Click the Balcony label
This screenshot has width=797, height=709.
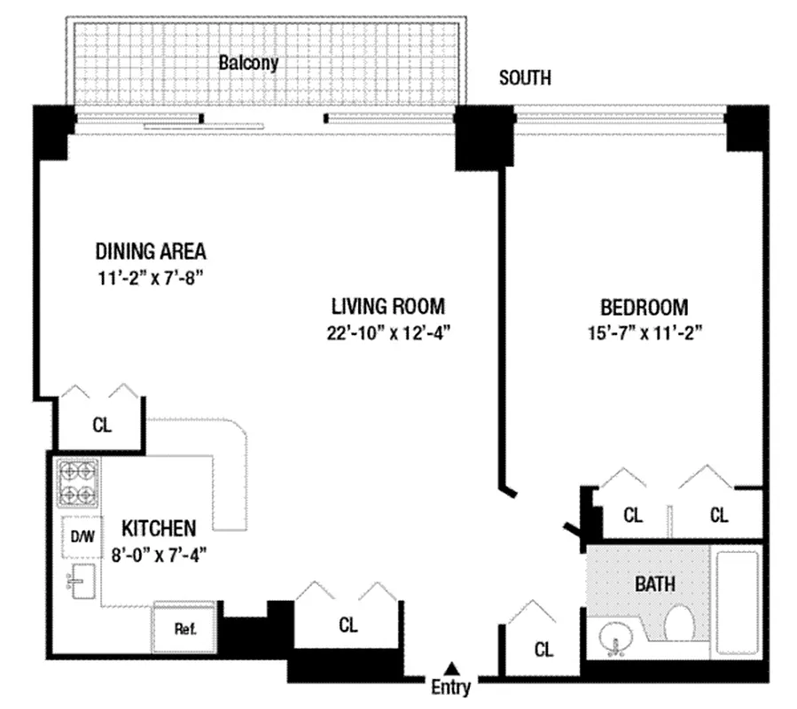[x=248, y=63]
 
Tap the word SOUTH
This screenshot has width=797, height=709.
[x=525, y=78]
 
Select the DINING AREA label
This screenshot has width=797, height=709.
[x=151, y=250]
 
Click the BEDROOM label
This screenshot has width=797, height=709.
[x=645, y=308]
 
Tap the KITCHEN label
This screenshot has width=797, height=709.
[x=159, y=529]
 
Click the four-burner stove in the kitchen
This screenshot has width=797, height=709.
[x=79, y=483]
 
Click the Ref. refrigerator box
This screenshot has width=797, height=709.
[x=184, y=630]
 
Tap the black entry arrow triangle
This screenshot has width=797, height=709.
[x=452, y=667]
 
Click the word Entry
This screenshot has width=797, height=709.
[x=451, y=687]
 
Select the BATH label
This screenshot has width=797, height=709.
[x=654, y=584]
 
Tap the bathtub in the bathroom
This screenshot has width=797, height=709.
[x=740, y=603]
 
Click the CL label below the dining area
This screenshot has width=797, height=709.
[x=102, y=425]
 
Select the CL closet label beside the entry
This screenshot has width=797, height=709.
[x=543, y=650]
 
